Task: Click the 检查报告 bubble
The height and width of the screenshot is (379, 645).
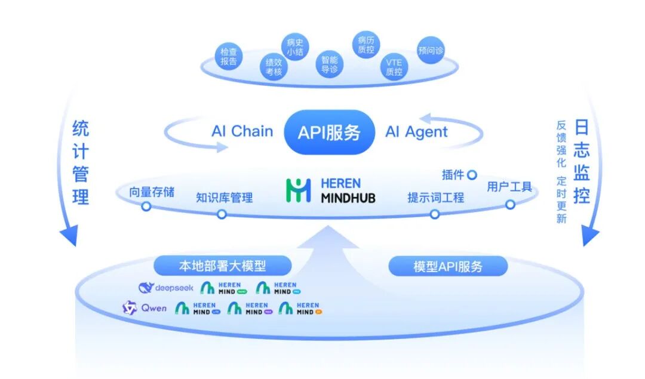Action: click(x=229, y=57)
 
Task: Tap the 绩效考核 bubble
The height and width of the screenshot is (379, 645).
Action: click(x=274, y=67)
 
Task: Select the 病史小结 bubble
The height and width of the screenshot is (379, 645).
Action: click(x=295, y=47)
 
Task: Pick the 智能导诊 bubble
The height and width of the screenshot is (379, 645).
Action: click(x=330, y=64)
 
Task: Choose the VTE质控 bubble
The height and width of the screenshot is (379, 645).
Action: click(x=394, y=67)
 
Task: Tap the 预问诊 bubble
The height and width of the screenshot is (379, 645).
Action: click(x=431, y=51)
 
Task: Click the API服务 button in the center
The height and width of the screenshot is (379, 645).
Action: click(x=330, y=132)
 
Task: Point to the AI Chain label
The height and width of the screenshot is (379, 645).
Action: click(x=242, y=132)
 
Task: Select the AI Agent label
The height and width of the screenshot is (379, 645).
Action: click(x=416, y=132)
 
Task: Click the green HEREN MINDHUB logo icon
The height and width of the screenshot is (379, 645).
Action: click(x=299, y=190)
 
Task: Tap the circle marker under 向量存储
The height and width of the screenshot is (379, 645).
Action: click(x=146, y=207)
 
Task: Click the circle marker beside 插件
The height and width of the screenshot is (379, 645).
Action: click(x=472, y=175)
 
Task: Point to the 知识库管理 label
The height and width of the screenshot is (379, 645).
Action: click(x=224, y=198)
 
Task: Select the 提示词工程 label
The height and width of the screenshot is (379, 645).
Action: click(x=435, y=198)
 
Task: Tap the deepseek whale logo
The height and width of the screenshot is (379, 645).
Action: click(x=146, y=288)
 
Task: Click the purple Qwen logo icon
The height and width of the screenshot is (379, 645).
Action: click(x=130, y=308)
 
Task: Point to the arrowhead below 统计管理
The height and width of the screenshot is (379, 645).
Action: click(x=68, y=237)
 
